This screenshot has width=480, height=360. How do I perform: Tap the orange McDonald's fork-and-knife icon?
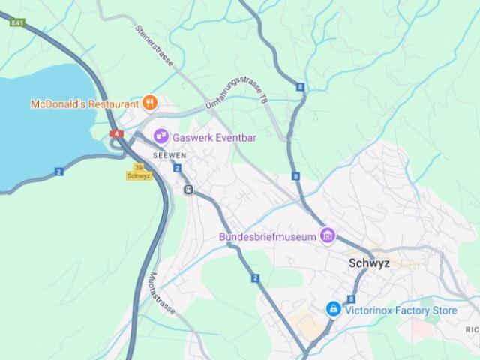click(150, 103)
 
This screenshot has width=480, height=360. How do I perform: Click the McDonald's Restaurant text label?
click(85, 103)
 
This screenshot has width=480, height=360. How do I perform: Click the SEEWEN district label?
click(168, 154)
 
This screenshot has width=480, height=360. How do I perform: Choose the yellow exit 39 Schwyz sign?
click(139, 172)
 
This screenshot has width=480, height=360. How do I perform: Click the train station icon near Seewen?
click(189, 190)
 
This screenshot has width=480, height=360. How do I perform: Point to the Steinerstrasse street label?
click(154, 46)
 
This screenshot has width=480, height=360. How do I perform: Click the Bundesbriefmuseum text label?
click(268, 237)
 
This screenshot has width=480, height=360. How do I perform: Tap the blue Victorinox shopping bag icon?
click(334, 308)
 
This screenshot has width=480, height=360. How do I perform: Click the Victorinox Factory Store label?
click(400, 309)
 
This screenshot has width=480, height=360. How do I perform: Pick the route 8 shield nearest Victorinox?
click(351, 298)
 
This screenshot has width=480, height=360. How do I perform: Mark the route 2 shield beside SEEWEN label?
click(176, 168)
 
